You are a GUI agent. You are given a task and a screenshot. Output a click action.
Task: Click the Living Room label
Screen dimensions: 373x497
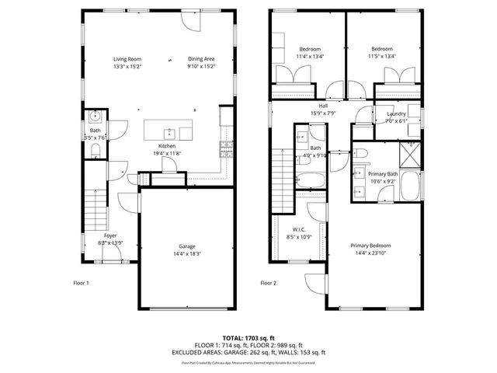click(x=127, y=58)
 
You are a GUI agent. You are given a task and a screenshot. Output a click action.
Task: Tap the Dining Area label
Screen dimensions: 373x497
click(x=201, y=58)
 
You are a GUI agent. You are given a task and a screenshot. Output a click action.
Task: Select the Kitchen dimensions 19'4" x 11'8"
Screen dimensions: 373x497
click(x=167, y=154)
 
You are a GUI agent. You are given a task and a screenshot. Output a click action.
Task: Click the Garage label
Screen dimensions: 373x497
click(x=187, y=246)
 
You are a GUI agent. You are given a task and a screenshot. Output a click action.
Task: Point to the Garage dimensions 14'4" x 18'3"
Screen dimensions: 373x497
click(x=187, y=253)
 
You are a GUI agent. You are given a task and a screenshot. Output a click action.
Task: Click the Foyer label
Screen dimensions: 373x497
click(x=111, y=235)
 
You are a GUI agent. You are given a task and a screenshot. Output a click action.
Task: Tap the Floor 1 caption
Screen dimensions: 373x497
click(x=82, y=283)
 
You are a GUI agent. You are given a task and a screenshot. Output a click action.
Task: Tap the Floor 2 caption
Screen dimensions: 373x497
click(x=268, y=283)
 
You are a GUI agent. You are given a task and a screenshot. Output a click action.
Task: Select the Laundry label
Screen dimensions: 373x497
click(x=396, y=113)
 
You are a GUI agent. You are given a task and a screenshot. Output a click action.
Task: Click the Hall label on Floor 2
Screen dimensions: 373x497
click(x=322, y=106)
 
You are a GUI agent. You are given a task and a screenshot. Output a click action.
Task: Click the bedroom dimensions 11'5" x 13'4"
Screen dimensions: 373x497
click(x=382, y=56)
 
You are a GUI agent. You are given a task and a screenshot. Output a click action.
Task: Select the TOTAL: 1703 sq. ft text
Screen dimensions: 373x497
click(x=248, y=338)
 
